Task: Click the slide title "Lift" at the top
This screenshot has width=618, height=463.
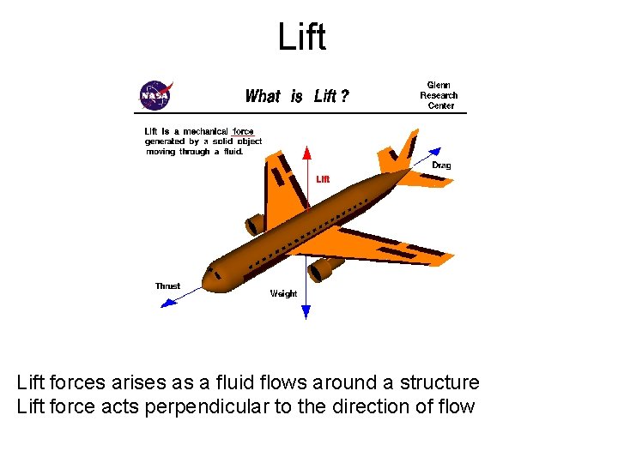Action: [x=302, y=37]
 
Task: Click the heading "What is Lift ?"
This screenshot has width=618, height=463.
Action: [x=297, y=96]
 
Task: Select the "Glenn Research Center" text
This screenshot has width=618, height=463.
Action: [x=439, y=95]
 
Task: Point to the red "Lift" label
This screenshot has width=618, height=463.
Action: [x=323, y=179]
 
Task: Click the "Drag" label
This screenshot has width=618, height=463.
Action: [x=441, y=165]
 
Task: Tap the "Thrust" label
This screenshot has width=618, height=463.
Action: [x=167, y=286]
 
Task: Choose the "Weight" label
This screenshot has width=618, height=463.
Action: [x=283, y=293]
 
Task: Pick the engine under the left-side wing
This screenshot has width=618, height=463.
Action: [x=255, y=225]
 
